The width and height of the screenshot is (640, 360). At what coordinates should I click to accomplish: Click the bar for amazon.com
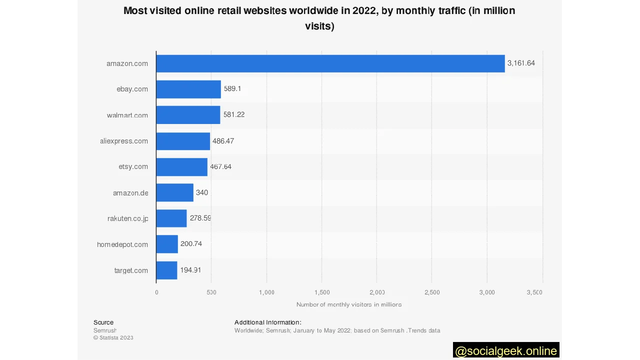[x=330, y=63]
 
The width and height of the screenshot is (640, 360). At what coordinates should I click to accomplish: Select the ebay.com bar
[x=188, y=89]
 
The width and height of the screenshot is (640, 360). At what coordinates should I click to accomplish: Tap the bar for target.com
[x=166, y=270]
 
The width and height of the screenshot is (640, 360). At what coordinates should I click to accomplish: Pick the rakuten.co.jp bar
[x=171, y=218]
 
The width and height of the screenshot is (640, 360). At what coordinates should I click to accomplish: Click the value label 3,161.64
[x=521, y=63]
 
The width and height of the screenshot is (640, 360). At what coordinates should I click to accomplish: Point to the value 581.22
[x=234, y=114]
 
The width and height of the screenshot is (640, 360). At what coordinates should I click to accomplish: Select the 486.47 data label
[x=223, y=141]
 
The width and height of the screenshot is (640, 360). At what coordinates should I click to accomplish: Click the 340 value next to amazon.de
[x=202, y=192]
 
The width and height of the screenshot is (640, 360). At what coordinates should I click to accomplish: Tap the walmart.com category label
[x=127, y=115]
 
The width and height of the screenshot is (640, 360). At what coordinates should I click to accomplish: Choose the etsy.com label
[x=133, y=166]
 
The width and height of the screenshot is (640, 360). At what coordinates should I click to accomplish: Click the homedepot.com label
[x=122, y=244]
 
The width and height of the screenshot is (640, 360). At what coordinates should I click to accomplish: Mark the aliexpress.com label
[x=124, y=141]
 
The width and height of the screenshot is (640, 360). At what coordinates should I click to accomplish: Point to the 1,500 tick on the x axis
[x=322, y=292]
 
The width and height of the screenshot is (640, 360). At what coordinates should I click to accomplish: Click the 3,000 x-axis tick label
[x=487, y=292]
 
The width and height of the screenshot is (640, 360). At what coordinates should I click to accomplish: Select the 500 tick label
[x=211, y=292]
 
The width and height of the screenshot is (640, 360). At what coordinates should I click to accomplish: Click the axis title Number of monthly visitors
[x=349, y=304]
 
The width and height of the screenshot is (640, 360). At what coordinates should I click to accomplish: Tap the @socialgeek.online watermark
[x=506, y=351]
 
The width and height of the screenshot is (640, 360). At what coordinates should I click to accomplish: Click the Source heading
[x=103, y=322]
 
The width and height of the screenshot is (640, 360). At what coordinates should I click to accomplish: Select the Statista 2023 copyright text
[x=113, y=337]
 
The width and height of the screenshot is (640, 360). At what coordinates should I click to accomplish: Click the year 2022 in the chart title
[x=364, y=10]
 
